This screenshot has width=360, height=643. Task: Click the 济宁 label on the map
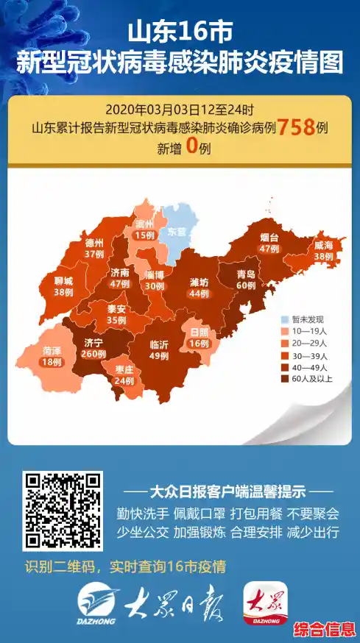[x=93, y=342]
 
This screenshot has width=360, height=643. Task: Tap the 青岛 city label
[x=246, y=274]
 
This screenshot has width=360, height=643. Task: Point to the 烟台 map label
[x=270, y=238]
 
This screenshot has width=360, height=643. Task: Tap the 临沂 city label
[x=159, y=345]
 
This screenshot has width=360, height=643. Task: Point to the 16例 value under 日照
[x=201, y=342]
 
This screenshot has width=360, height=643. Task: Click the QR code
[x=62, y=511]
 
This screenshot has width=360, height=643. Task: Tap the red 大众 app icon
[x=267, y=603]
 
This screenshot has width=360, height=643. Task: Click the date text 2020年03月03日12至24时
[x=179, y=109]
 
